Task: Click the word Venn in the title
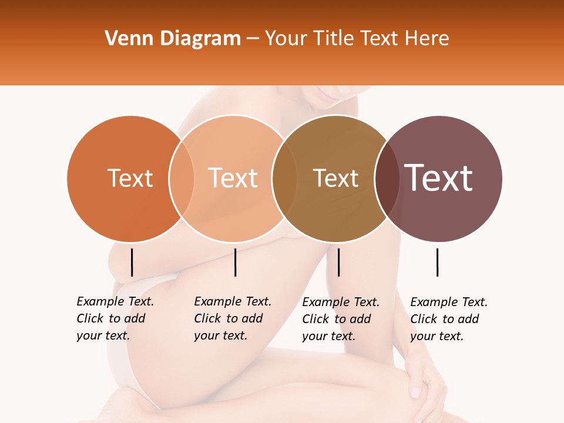click(125, 39)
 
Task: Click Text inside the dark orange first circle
click(130, 178)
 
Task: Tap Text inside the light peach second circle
click(233, 178)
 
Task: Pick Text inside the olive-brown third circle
click(335, 178)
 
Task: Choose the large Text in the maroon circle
click(439, 178)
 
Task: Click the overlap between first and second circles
click(182, 178)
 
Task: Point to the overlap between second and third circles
click(284, 178)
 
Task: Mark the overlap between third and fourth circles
click(387, 178)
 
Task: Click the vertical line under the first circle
click(132, 262)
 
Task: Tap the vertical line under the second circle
click(235, 262)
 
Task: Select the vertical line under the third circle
click(338, 262)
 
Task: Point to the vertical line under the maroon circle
click(437, 262)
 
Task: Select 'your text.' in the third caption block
click(329, 336)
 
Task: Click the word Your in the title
click(286, 39)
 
